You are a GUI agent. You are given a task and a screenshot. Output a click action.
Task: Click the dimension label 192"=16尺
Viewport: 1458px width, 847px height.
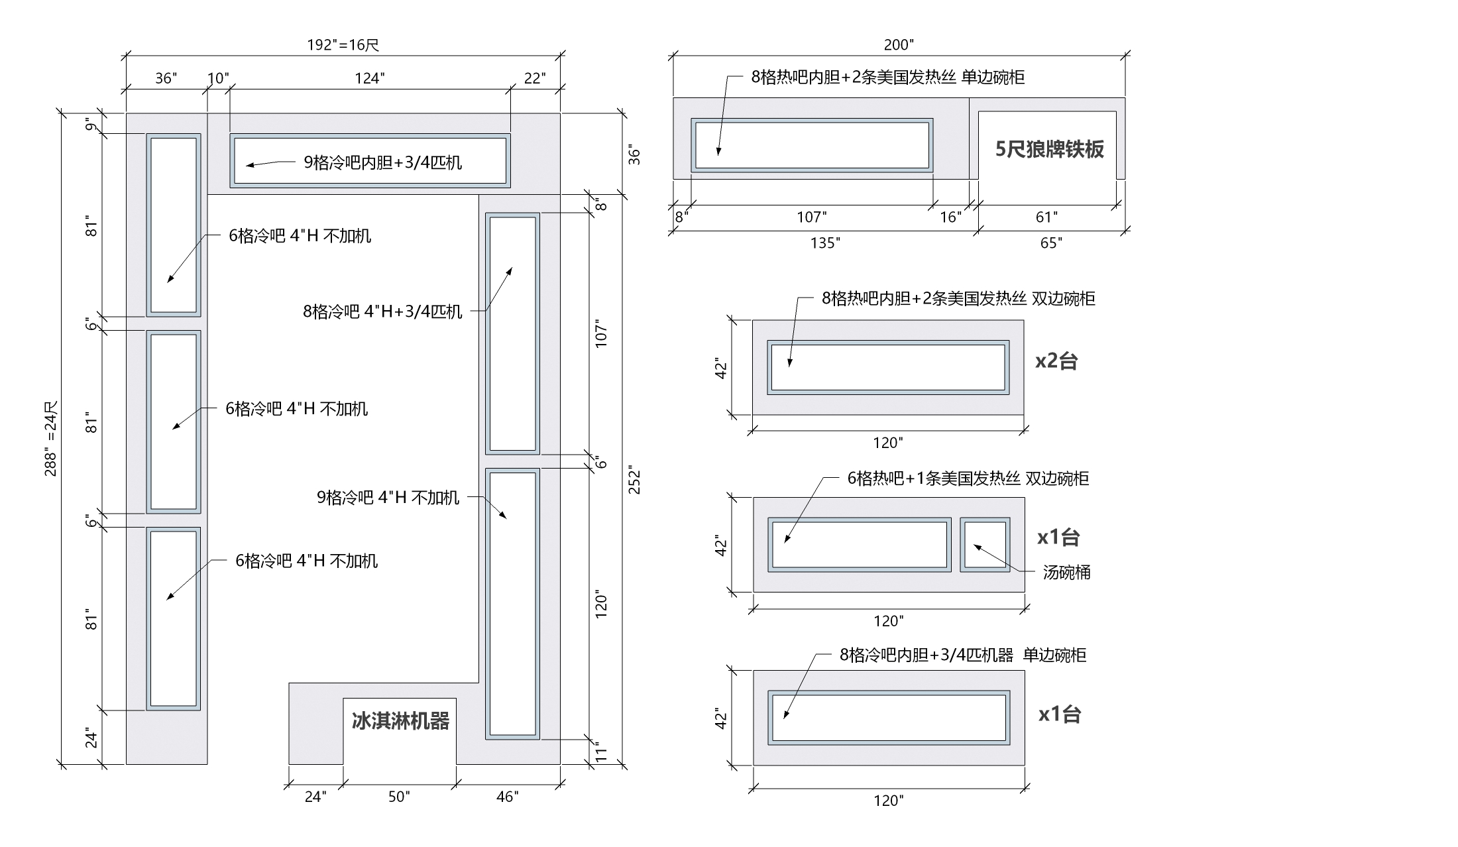click(343, 45)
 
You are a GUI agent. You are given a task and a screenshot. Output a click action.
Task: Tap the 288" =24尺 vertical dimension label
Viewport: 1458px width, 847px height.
click(51, 439)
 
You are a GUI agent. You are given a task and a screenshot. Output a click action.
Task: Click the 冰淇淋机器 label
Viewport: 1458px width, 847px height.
click(400, 721)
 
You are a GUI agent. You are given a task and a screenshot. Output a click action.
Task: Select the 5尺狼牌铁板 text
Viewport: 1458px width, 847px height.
click(1049, 149)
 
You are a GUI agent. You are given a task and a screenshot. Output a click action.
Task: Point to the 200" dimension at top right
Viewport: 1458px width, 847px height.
click(898, 45)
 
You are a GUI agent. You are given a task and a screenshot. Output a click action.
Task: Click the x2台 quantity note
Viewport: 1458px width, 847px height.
click(1056, 361)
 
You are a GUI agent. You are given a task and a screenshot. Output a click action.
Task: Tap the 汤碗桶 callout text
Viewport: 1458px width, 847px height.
click(1066, 573)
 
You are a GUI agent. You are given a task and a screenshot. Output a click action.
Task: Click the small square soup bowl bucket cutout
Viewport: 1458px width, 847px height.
click(985, 545)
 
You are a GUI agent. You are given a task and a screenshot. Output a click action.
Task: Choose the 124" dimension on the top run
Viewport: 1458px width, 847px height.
click(369, 79)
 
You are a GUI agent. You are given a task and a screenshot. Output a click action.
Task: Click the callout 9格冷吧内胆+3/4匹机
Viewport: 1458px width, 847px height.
click(382, 162)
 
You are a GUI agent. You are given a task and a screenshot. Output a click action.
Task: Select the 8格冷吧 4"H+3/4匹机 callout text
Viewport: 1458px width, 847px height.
click(382, 311)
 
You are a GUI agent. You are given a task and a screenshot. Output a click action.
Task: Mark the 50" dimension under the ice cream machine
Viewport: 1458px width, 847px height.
click(399, 797)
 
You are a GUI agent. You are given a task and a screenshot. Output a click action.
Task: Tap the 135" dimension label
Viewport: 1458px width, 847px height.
click(824, 243)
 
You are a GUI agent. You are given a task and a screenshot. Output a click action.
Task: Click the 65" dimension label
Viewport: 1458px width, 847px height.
click(1050, 243)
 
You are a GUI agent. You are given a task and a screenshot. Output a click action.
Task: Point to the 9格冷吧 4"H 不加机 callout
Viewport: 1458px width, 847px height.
click(388, 498)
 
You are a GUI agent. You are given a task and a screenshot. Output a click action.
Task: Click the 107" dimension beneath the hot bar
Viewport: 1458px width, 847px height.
click(811, 217)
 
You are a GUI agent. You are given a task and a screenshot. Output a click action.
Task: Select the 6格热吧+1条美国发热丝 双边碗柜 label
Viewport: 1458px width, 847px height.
click(968, 479)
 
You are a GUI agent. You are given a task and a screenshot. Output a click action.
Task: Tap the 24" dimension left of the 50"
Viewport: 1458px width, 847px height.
click(315, 797)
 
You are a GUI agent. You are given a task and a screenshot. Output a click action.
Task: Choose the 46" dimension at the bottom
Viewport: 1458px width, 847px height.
click(507, 797)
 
